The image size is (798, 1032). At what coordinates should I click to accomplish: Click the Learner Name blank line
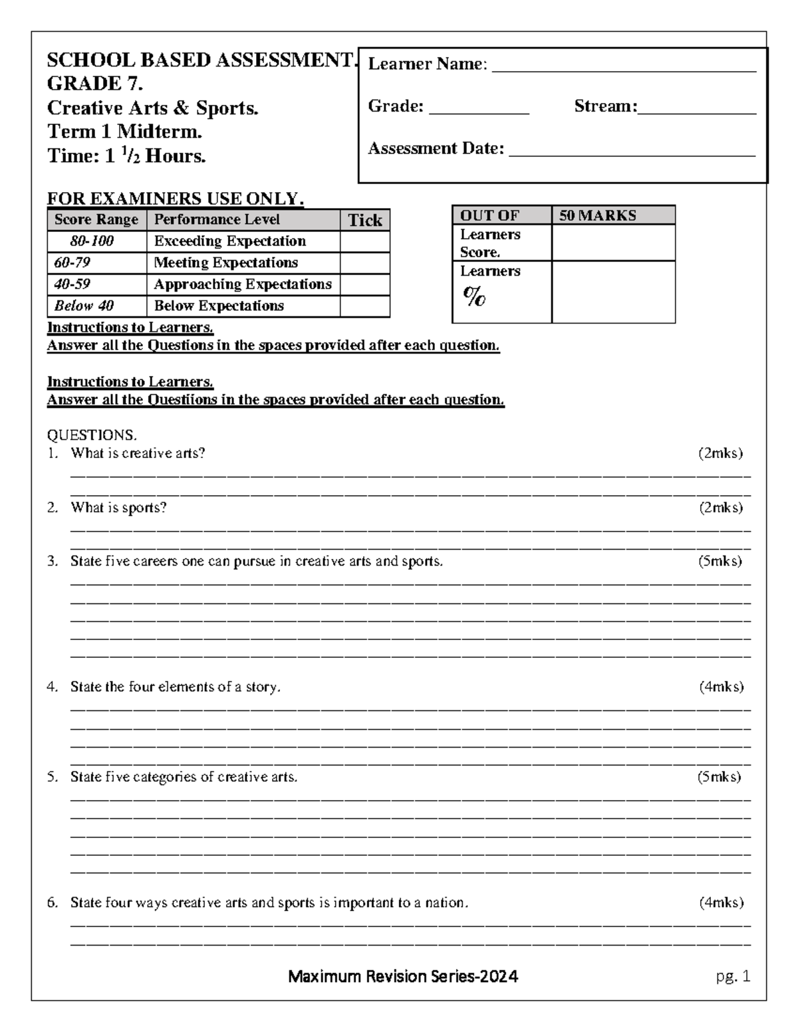tap(623, 66)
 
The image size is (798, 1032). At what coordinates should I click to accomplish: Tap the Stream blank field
tap(696, 109)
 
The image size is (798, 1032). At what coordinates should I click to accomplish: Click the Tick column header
tap(364, 221)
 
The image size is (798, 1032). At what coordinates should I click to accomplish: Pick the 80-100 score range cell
tap(92, 241)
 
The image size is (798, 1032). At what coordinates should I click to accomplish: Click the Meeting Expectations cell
tap(226, 262)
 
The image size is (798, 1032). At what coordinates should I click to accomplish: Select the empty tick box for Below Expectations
tap(364, 306)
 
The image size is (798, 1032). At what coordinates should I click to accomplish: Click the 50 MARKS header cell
tap(612, 215)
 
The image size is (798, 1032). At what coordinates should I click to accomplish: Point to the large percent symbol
tap(474, 296)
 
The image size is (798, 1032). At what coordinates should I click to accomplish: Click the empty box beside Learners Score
tap(612, 243)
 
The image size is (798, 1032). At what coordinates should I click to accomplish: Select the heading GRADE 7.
tap(95, 84)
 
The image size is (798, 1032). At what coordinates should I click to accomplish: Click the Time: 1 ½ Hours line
tap(126, 156)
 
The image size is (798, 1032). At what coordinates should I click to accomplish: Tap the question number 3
tap(52, 562)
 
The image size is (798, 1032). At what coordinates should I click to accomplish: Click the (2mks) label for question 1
tap(720, 453)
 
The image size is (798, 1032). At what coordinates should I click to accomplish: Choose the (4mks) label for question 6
tap(721, 902)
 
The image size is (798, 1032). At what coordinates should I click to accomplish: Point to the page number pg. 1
tap(733, 976)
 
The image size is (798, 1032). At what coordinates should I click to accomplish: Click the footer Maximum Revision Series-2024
tap(403, 976)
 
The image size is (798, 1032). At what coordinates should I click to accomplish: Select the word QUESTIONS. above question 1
tap(92, 435)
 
